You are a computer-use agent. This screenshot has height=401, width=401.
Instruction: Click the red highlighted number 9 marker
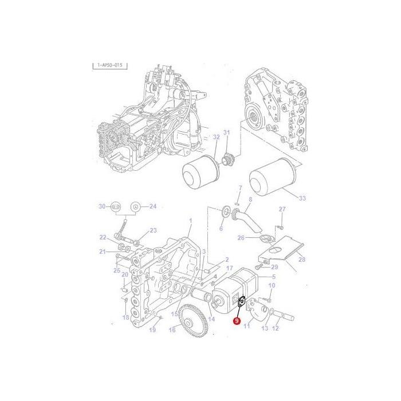point(237,321)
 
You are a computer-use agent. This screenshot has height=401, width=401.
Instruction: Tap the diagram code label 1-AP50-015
point(109,65)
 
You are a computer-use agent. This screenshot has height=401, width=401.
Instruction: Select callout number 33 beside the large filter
point(301,198)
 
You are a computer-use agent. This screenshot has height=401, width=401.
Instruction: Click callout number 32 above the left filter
point(216,137)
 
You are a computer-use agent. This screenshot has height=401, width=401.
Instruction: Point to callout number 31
point(226,133)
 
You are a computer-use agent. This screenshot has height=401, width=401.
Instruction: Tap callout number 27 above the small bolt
point(281,209)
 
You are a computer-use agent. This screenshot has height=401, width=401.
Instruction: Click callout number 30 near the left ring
point(101,206)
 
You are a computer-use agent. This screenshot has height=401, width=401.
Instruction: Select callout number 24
point(152,206)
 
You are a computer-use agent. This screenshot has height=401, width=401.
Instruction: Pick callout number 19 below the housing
point(152,329)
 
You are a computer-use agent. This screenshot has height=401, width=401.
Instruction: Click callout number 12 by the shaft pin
point(275,328)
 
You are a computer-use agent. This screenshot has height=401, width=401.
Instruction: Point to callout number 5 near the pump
point(273,277)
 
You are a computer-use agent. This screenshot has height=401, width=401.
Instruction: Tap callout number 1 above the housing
point(191,221)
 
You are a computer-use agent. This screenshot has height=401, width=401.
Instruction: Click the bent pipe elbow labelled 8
point(243,221)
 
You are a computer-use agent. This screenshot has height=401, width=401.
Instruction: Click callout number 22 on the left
point(103,237)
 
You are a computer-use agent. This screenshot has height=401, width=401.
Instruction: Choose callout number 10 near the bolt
point(272,285)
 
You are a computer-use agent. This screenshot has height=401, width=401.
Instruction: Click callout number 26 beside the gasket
point(241,238)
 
